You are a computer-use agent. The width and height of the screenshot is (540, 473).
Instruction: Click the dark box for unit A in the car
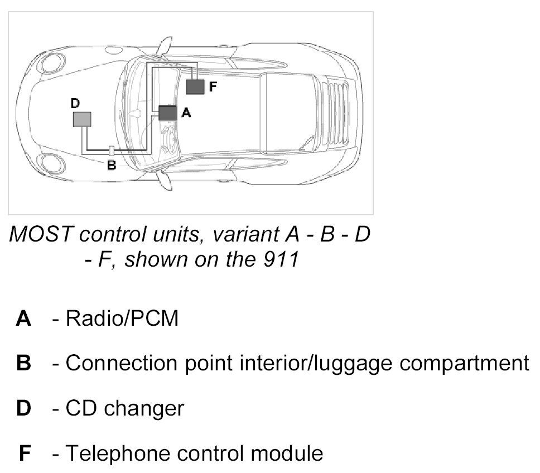tap(167, 113)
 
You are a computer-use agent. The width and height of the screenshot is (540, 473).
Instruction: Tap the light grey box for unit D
tap(82, 119)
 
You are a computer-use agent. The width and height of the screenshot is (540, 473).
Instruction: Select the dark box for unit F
tap(195, 86)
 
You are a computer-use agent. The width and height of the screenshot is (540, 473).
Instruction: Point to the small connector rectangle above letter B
tap(112, 151)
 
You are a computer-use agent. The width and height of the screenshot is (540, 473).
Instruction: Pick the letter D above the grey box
tap(75, 104)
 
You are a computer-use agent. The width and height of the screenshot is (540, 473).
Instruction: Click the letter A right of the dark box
tap(186, 113)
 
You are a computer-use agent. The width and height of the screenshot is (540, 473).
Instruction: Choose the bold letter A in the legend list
tap(23, 319)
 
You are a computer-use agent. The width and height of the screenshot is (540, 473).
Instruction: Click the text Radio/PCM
tap(122, 319)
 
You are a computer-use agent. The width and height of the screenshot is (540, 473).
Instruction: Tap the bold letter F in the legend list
tap(25, 453)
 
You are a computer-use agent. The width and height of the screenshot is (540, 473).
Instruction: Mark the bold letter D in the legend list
tap(24, 408)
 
